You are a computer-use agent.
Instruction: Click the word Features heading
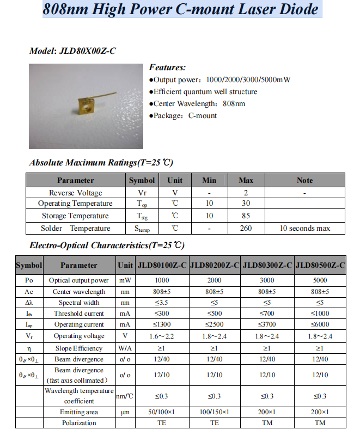(x=167, y=67)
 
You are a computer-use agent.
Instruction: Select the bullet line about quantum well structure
(x=205, y=91)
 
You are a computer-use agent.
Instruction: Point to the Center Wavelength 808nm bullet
(x=199, y=103)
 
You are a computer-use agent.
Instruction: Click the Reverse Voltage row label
(x=75, y=193)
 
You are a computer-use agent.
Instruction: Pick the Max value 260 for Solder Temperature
(x=246, y=228)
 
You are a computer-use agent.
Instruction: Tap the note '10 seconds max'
(x=304, y=228)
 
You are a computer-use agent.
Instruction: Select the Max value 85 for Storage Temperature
(x=246, y=216)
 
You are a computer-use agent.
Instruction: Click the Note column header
(x=304, y=180)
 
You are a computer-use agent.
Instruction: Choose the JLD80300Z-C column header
(x=267, y=265)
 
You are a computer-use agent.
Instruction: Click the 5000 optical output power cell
(x=320, y=280)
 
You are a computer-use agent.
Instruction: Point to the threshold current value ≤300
(x=162, y=313)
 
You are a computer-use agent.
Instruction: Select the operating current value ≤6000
(x=320, y=324)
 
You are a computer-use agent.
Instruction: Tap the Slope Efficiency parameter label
(x=79, y=348)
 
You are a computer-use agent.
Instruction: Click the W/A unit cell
(x=125, y=348)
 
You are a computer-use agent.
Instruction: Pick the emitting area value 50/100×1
(x=162, y=412)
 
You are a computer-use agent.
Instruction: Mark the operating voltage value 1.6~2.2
(x=162, y=336)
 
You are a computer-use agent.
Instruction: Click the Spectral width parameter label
(x=79, y=302)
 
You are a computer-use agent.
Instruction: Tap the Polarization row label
(x=79, y=423)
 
